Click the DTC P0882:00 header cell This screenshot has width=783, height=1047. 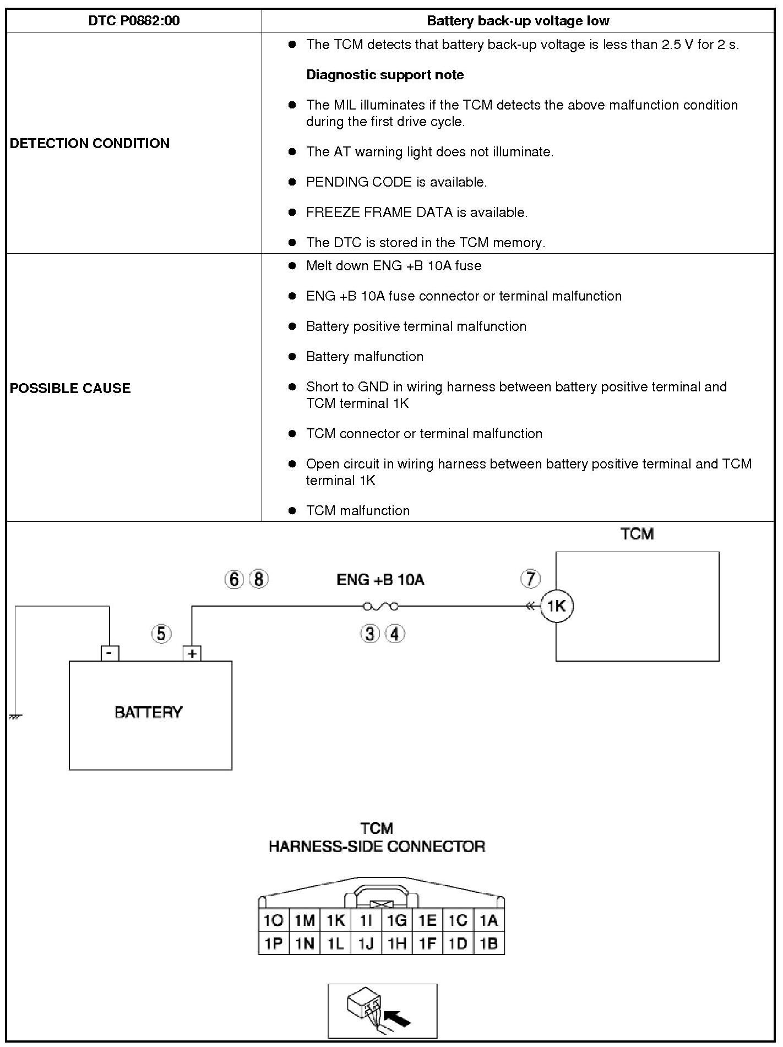(134, 21)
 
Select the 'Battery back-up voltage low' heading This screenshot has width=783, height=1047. (518, 21)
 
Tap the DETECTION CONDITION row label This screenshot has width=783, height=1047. (90, 143)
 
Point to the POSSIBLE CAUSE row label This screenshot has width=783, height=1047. (70, 388)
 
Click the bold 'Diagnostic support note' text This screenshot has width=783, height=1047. (385, 75)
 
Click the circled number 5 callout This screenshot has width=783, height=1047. (161, 634)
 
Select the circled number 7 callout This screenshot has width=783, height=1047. (530, 579)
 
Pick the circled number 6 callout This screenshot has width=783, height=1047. (234, 579)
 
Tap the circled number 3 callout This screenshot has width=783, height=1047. (370, 634)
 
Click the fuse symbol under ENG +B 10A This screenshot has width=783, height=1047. (381, 607)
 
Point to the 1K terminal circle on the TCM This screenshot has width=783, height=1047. (557, 606)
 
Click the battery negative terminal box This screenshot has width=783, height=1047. (110, 653)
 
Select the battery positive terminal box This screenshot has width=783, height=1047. (192, 653)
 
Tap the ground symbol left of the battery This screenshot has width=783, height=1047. (15, 717)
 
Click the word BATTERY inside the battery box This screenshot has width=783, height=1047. (148, 712)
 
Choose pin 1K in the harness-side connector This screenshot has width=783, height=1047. (335, 920)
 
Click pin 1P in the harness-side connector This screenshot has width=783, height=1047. (274, 944)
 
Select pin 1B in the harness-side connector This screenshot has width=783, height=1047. (488, 944)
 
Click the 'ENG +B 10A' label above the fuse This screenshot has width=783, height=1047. (380, 580)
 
